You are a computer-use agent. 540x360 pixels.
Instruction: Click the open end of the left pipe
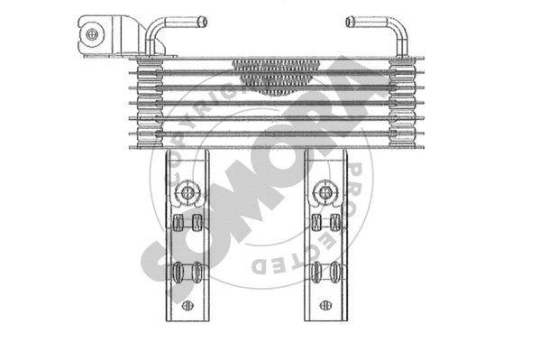pos(204,22)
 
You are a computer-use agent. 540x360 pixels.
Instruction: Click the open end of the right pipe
pos(350,22)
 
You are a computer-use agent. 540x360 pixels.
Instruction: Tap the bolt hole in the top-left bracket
pos(92,34)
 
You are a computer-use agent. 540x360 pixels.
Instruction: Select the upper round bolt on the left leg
pos(187,192)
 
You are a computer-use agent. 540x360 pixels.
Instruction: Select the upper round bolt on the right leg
pos(325,191)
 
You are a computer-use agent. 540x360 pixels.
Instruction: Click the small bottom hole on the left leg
pos(188,305)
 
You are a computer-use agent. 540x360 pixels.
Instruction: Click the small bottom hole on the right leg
pos(325,305)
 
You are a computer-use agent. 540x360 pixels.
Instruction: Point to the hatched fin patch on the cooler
pos(276,77)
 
